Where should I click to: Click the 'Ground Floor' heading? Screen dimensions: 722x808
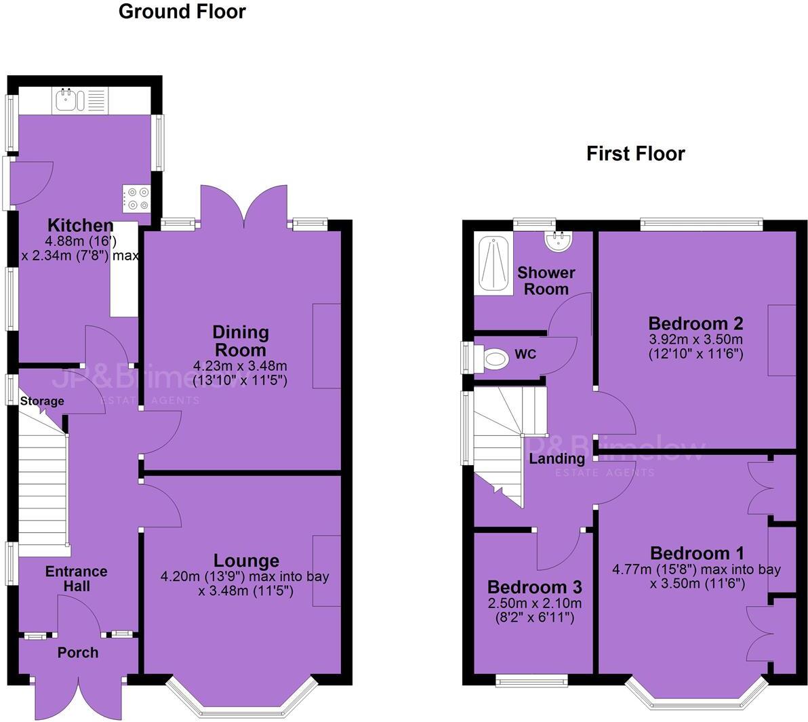pos(182,12)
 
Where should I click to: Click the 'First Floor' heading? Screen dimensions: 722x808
pos(635,154)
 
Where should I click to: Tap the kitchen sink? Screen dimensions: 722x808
pos(68,101)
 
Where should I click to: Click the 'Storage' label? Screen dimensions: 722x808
pos(42,401)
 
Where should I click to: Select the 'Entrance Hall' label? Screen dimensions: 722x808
pos(76,579)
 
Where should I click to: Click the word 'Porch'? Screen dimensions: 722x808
pos(77,652)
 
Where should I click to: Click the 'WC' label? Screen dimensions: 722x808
pos(525,355)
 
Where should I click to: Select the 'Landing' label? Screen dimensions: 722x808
pos(557,459)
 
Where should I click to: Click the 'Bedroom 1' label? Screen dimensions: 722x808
pos(697,553)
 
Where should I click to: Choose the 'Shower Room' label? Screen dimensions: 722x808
pos(546,281)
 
